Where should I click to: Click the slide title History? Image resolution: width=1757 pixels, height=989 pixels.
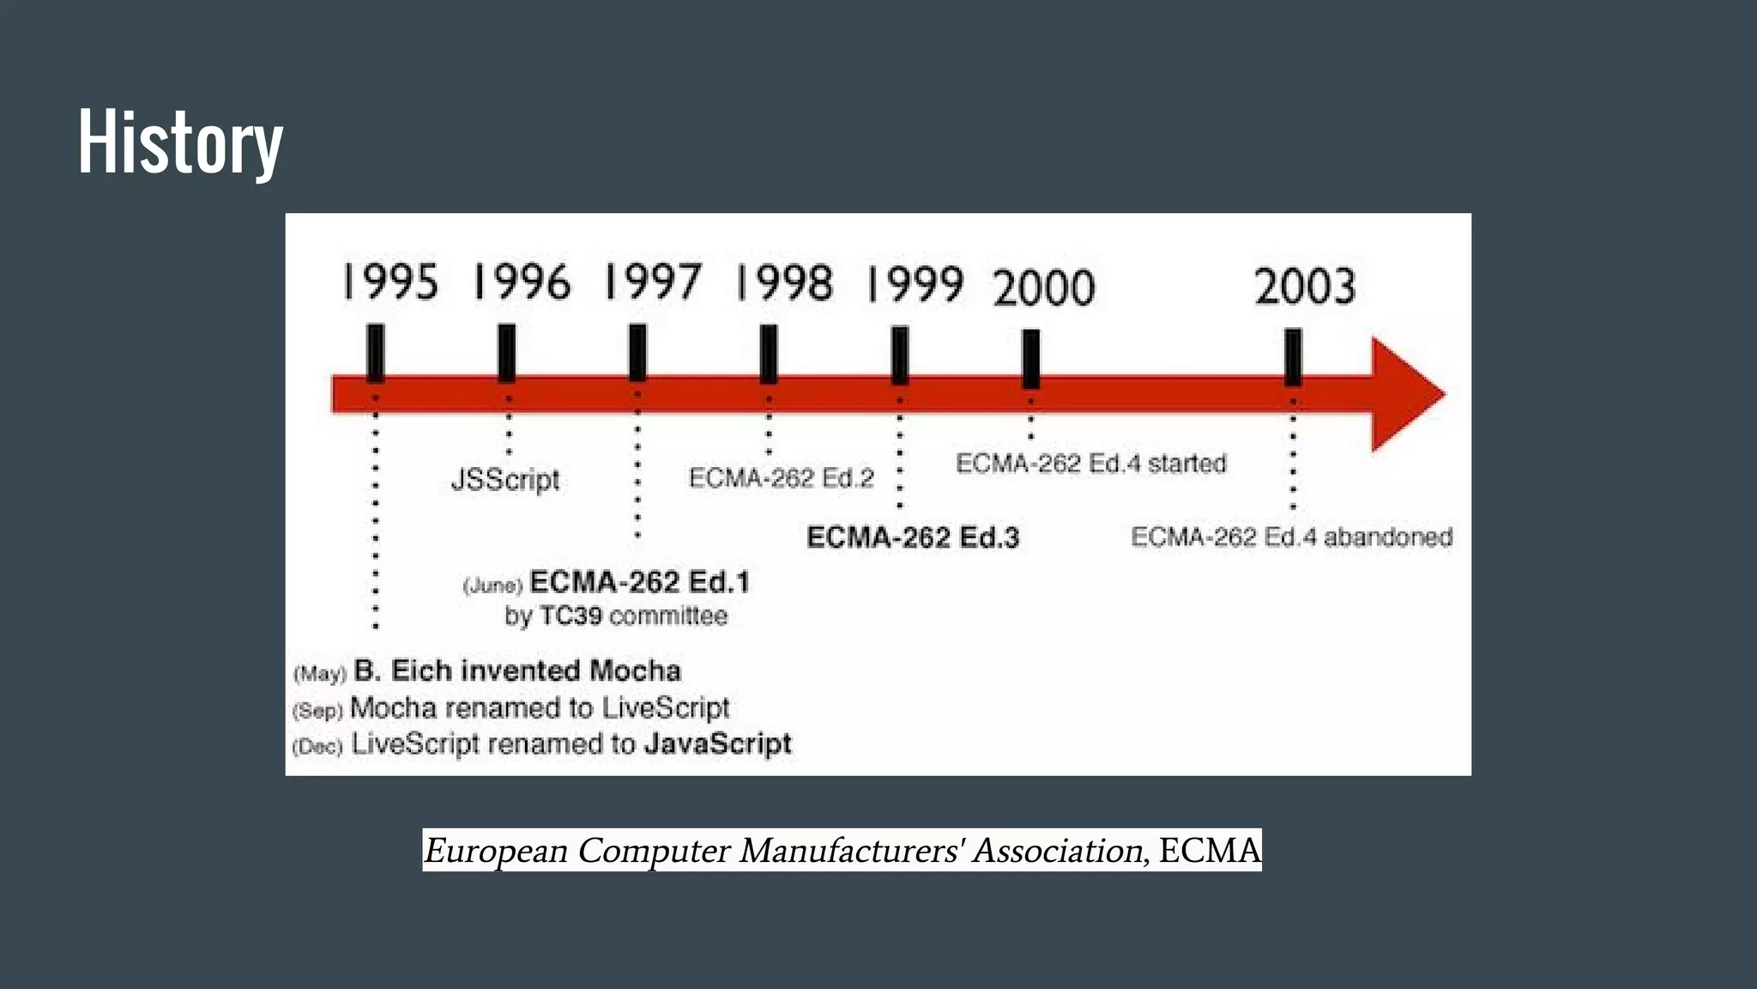coord(180,142)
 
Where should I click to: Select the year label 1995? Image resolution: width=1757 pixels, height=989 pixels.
coord(390,282)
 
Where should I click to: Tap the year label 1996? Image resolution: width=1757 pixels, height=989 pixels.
coord(522,282)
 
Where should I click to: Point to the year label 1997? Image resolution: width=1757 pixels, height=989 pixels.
coord(653,282)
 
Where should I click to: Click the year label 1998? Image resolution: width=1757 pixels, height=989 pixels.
coord(784,283)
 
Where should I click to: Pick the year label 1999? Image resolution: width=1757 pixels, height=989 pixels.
coord(915,284)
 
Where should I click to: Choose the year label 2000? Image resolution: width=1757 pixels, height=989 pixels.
coord(1044,288)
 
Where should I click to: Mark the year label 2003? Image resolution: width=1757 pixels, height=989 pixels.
coord(1305,287)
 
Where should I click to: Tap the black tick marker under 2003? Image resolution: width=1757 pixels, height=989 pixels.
coord(1293,357)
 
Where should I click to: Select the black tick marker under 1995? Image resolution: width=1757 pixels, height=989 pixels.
coord(375,352)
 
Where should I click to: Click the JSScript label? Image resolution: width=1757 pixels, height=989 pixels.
coord(505,479)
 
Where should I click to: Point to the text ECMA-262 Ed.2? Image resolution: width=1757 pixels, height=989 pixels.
coord(781,477)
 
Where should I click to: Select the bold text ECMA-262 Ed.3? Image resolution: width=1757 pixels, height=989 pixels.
coord(913,537)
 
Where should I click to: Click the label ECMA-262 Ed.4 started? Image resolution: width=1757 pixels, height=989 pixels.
coord(1091,464)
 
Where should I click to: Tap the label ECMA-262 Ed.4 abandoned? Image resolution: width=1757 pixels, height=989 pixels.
coord(1291,537)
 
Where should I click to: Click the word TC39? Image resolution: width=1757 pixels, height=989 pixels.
coord(571,616)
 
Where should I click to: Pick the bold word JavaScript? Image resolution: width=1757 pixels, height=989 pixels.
coord(717,743)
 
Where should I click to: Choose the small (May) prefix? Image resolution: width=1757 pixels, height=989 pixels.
coord(320,674)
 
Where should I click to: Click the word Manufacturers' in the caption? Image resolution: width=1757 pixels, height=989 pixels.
coord(852,851)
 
